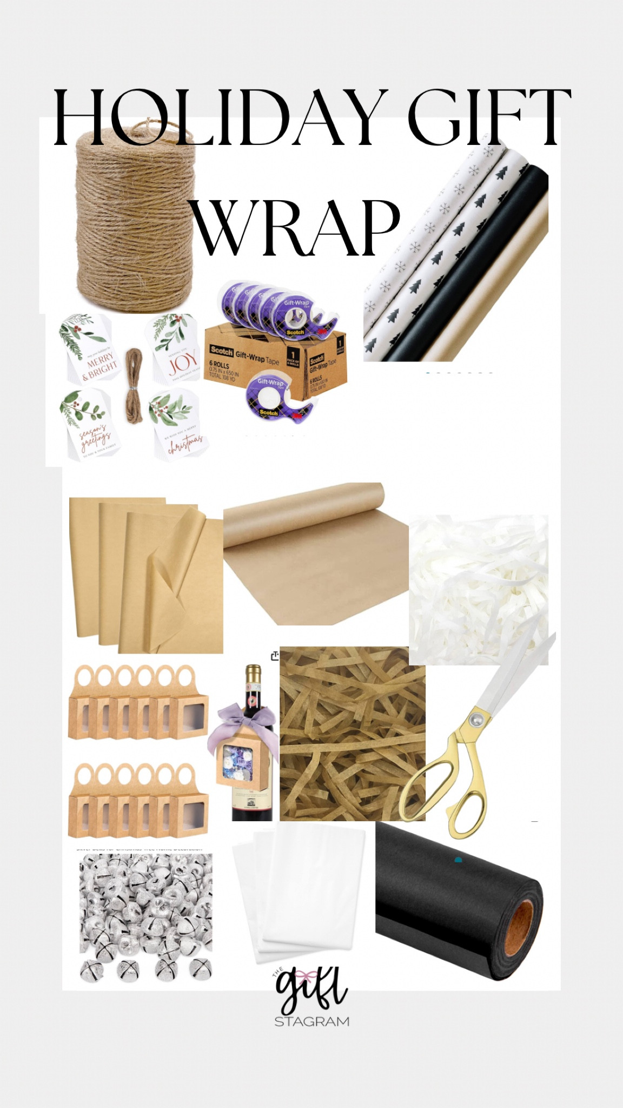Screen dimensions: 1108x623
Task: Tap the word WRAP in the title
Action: pyautogui.click(x=296, y=229)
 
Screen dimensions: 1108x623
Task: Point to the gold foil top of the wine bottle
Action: pyautogui.click(x=253, y=676)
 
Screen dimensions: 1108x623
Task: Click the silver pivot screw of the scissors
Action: pyautogui.click(x=476, y=719)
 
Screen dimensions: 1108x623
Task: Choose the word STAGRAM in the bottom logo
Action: pyautogui.click(x=312, y=1021)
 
